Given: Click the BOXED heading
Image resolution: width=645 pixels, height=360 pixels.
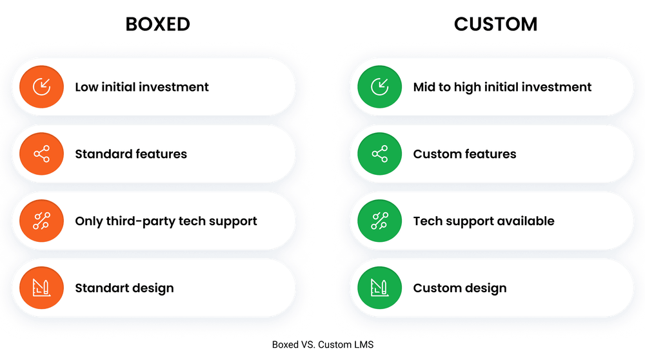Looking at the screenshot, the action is coord(158,25).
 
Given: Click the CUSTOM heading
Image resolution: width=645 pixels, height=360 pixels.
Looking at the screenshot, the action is coord(495,25).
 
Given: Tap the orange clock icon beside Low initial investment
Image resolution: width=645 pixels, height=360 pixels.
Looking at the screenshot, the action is coord(41,87).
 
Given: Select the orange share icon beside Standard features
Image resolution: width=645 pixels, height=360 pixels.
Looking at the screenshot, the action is coord(41,154).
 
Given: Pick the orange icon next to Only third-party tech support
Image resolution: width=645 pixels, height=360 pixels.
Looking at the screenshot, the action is coord(41,221).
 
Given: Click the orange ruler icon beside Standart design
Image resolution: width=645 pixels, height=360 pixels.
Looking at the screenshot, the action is coord(41,288).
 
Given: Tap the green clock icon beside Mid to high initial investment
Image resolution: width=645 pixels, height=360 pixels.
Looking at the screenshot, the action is coord(380,87).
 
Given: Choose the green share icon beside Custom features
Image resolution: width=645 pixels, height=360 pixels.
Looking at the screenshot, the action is coord(380,154).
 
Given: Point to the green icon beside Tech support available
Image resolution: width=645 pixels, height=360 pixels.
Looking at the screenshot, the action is coord(380,221).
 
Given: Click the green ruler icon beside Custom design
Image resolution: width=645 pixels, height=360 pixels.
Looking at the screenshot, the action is coord(380,288).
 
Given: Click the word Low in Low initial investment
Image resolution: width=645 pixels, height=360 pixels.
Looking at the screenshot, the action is coord(86,87).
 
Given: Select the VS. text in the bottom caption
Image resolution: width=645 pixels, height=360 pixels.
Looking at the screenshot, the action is coord(308,345).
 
